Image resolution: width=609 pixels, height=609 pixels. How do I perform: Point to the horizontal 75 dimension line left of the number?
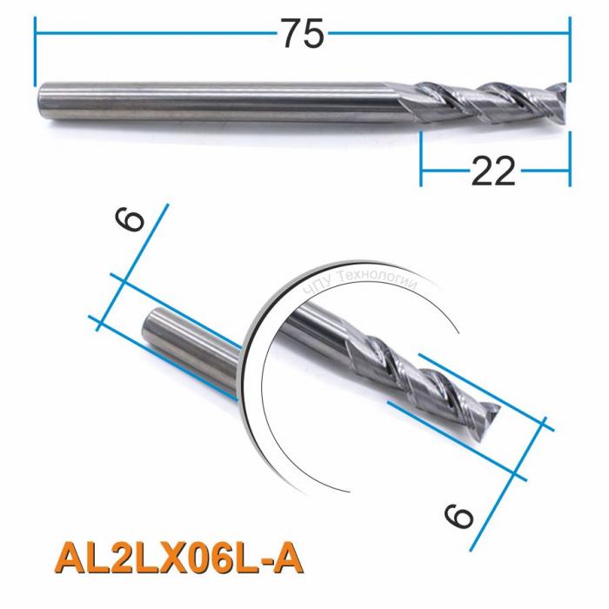tap(157, 34)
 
